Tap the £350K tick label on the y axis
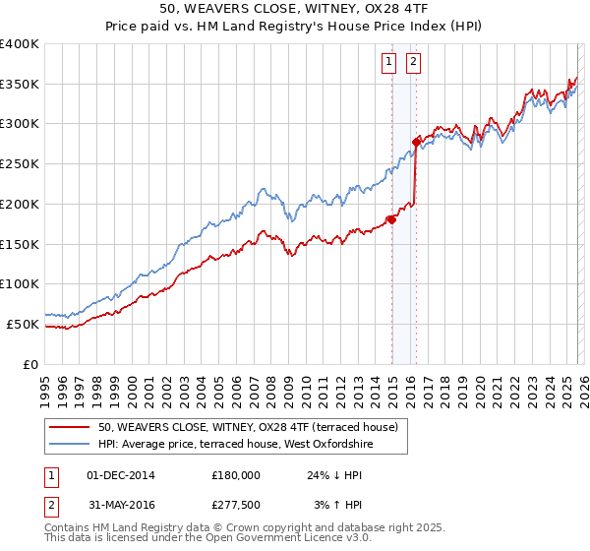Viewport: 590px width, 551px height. coord(20,85)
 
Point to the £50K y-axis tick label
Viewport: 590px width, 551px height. coord(23,324)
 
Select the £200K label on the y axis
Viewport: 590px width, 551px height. coord(20,204)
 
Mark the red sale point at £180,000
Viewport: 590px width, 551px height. coord(391,219)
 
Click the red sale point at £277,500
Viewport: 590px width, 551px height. coord(417,143)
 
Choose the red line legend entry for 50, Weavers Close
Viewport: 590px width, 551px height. coord(247,427)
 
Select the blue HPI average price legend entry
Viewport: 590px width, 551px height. coord(236,444)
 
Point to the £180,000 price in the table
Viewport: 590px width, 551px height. coord(235,475)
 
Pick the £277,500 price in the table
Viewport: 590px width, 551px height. coord(235,505)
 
